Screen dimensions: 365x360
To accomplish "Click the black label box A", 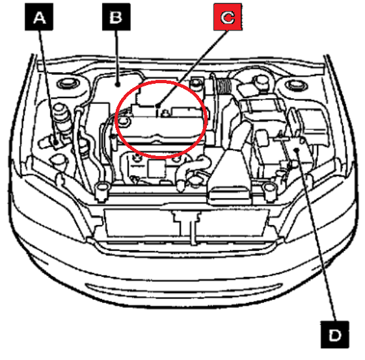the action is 39,17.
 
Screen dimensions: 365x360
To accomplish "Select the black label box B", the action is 116,17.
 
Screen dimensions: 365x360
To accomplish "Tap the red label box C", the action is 228,17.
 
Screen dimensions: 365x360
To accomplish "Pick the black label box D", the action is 334,335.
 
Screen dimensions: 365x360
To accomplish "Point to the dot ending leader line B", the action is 118,84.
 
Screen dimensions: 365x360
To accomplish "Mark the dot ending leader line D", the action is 297,150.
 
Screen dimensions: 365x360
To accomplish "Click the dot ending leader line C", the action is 158,106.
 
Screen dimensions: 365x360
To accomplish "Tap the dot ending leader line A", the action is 56,142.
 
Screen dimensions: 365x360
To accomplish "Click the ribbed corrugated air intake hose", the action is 224,86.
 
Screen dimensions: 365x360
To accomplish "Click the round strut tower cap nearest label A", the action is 68,83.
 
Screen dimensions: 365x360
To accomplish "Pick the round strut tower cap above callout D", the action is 296,85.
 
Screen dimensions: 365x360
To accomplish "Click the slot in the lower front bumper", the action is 184,288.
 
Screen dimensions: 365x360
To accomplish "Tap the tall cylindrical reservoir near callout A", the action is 61,116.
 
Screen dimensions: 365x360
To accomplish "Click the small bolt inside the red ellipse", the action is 165,113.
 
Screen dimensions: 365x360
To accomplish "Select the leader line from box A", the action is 47,86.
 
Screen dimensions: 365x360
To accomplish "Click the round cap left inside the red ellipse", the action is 124,121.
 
